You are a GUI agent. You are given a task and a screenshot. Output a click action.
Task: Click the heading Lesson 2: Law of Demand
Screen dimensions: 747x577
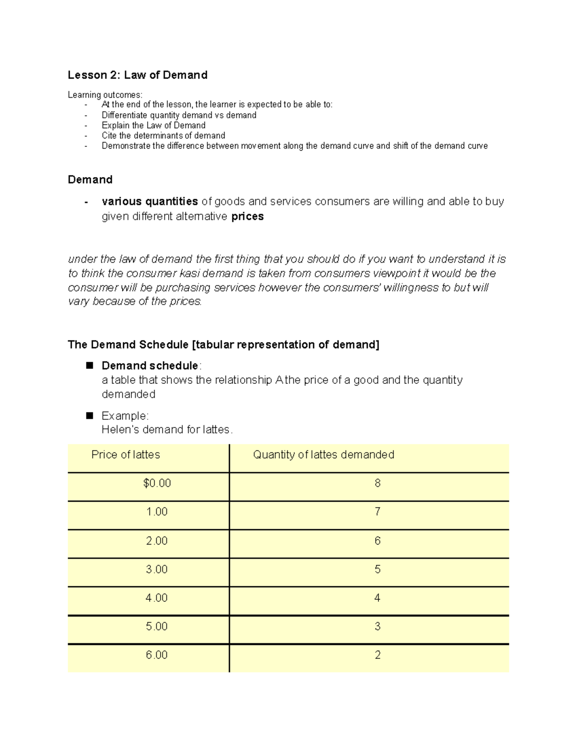tap(138, 75)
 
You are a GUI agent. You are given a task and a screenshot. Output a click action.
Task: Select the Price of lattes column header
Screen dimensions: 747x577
tap(125, 455)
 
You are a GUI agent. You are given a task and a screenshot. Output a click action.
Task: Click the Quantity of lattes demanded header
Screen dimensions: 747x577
tap(323, 455)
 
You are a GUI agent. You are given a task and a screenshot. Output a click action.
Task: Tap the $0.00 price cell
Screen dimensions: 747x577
tap(157, 483)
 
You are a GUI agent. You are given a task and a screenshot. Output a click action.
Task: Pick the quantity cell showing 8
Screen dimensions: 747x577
tap(377, 483)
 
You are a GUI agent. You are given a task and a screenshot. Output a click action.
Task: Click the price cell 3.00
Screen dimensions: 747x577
tap(157, 570)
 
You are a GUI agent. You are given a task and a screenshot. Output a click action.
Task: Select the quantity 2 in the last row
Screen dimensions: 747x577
tap(377, 655)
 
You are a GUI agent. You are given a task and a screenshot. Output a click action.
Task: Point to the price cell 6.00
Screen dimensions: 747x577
tap(157, 655)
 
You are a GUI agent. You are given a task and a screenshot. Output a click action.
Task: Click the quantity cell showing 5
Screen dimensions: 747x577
tap(377, 570)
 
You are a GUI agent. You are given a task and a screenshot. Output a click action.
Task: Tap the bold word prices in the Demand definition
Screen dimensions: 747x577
tap(247, 216)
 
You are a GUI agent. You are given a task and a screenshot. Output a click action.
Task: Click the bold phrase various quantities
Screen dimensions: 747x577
tap(150, 202)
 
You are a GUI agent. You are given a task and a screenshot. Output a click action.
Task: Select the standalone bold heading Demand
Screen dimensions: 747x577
tap(90, 180)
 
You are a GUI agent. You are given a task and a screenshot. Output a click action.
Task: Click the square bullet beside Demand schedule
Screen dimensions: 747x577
tap(89, 366)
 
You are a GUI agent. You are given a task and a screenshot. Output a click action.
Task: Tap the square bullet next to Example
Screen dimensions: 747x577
tap(89, 416)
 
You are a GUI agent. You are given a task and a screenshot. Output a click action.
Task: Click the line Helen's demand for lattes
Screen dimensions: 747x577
tap(167, 430)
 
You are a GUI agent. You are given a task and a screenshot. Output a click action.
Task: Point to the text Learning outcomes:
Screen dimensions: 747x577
tap(105, 95)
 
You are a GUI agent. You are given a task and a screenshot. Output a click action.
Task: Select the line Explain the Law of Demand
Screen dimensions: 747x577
tap(153, 126)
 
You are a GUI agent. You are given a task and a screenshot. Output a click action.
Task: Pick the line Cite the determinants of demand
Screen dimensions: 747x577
tap(163, 136)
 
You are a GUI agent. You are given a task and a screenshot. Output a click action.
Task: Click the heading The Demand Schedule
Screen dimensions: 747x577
tap(128, 345)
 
